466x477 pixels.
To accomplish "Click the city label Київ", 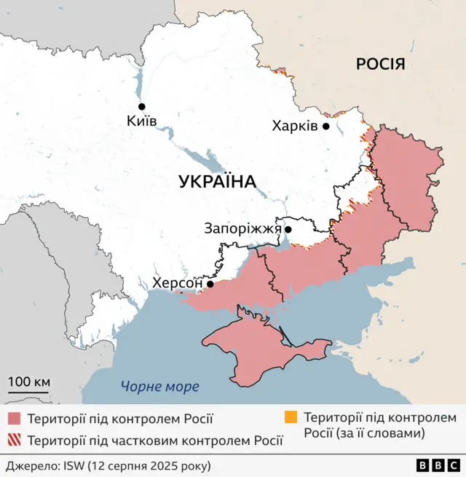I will pyautogui.click(x=141, y=121).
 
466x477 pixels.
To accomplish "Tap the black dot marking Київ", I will pyautogui.click(x=141, y=106).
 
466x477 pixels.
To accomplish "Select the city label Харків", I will pyautogui.click(x=295, y=127).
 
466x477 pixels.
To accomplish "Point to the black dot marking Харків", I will pyautogui.click(x=326, y=126).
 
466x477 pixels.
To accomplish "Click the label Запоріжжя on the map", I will pyautogui.click(x=242, y=229).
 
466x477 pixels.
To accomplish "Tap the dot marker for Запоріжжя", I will pyautogui.click(x=288, y=230).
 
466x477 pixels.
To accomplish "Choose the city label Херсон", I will pyautogui.click(x=178, y=284).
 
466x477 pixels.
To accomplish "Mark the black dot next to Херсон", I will pyautogui.click(x=210, y=284).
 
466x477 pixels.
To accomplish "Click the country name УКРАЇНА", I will pyautogui.click(x=218, y=182).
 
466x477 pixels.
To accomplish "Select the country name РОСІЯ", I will pyautogui.click(x=380, y=65).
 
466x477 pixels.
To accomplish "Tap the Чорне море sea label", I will pyautogui.click(x=160, y=387).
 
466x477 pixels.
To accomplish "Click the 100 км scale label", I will pyautogui.click(x=29, y=382).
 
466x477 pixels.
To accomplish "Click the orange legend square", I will pyautogui.click(x=291, y=418).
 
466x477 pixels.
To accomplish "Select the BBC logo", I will pyautogui.click(x=438, y=465).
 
